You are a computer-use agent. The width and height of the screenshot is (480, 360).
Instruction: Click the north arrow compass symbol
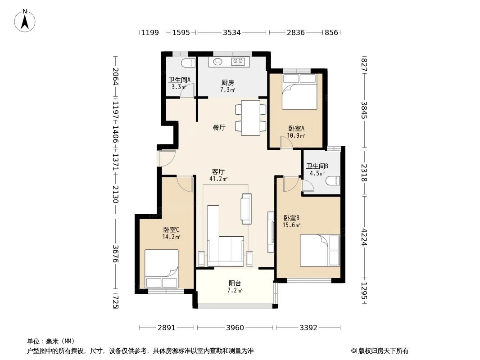click(25, 21)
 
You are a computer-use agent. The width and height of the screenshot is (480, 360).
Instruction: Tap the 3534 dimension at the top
click(232, 32)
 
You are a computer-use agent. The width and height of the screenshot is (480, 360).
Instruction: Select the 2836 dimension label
click(296, 32)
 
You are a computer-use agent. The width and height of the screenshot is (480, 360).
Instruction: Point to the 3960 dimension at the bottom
click(235, 328)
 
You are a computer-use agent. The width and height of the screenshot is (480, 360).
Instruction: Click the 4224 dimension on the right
click(364, 237)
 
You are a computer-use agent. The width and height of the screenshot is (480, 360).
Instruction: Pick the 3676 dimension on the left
click(115, 253)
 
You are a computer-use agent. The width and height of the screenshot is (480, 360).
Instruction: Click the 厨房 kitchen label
click(228, 83)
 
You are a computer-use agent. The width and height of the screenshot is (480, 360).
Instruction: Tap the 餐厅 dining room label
click(219, 127)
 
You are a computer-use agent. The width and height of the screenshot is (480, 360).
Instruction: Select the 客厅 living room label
click(218, 171)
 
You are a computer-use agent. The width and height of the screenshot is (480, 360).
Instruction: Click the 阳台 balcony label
click(235, 283)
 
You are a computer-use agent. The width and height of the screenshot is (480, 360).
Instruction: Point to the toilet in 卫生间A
click(188, 63)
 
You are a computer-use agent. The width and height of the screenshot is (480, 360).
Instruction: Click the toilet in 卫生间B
click(333, 181)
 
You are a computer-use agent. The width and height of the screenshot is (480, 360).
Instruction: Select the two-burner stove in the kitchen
click(238, 62)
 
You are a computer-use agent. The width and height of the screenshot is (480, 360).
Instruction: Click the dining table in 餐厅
click(250, 118)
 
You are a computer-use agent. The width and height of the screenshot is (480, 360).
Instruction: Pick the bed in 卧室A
click(299, 91)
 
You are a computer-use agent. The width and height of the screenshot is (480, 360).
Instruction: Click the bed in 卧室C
click(161, 269)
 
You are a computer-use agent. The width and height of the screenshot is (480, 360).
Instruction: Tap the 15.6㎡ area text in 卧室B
click(291, 225)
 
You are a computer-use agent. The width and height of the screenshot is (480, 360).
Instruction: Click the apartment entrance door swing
click(167, 158)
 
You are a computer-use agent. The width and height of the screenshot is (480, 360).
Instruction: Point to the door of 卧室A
click(286, 143)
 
